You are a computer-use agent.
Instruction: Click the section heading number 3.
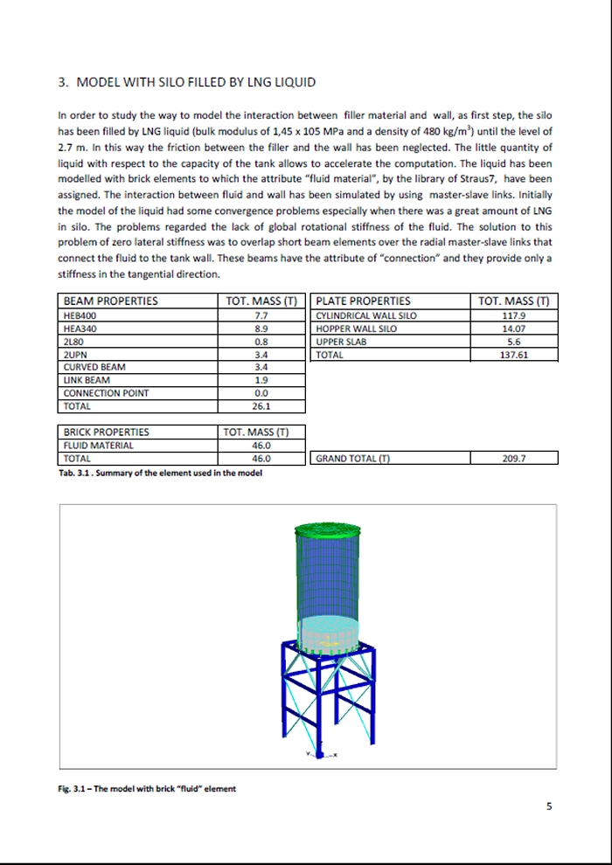click(61, 83)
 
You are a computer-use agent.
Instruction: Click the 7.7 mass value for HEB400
click(261, 315)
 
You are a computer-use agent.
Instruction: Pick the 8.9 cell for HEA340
click(261, 329)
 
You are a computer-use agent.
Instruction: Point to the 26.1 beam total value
click(261, 406)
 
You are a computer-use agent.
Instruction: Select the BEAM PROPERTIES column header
click(111, 301)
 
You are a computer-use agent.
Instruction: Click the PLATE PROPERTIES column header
click(362, 301)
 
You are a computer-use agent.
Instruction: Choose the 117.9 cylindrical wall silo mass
click(513, 315)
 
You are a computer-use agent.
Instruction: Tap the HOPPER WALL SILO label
click(356, 329)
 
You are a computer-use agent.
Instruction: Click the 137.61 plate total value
click(513, 355)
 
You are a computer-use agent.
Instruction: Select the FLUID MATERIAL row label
click(98, 445)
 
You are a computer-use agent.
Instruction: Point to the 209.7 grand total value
click(513, 458)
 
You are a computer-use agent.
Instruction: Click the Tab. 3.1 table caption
click(159, 474)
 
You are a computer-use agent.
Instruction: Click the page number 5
click(549, 806)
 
